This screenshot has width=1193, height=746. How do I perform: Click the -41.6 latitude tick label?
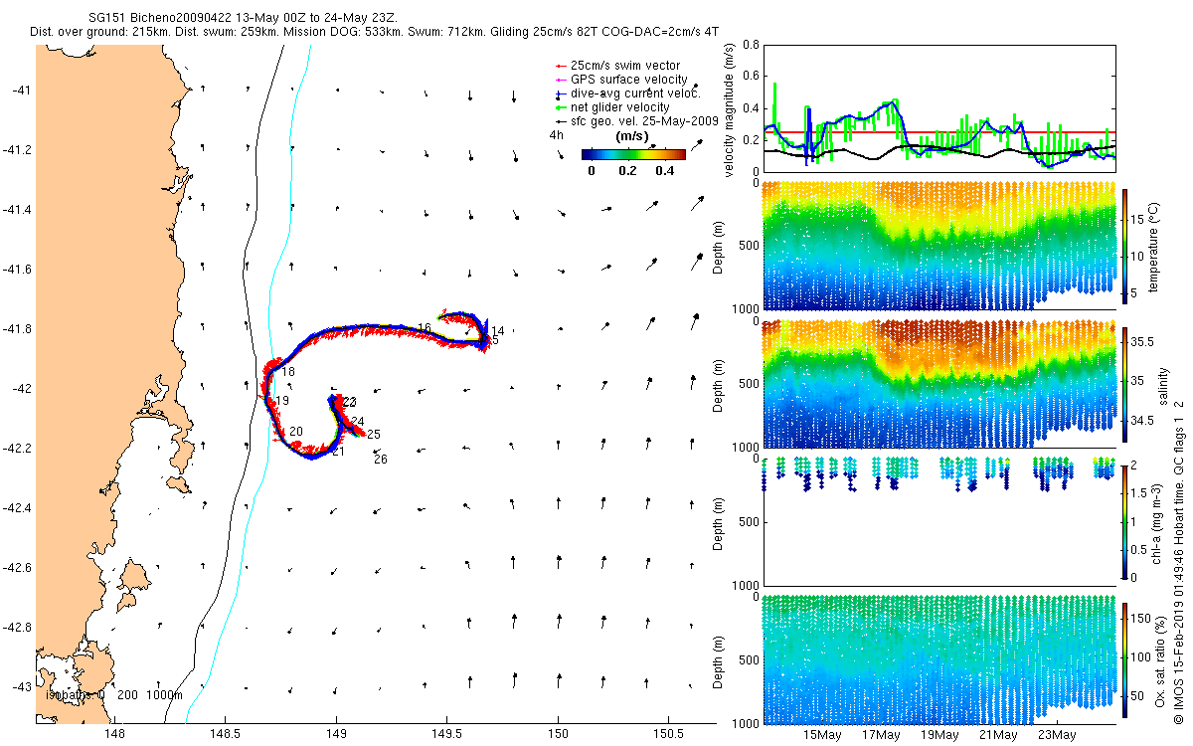(x=19, y=270)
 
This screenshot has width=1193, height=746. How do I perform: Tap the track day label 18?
(x=288, y=372)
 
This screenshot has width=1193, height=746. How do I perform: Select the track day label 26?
(x=380, y=460)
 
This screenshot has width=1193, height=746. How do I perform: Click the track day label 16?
(x=425, y=329)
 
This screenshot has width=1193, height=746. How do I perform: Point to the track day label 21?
(x=338, y=453)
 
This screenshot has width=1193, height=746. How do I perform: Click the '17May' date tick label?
(x=881, y=736)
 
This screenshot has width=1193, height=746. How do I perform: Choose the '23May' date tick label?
(x=1057, y=736)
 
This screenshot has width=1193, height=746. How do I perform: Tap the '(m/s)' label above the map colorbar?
(x=632, y=135)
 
